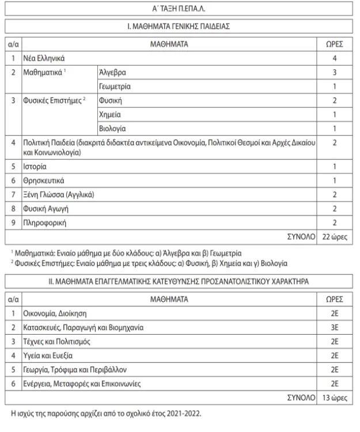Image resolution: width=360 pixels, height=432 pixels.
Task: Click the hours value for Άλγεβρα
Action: (335, 74)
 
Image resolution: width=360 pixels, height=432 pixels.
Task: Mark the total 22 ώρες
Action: (335, 236)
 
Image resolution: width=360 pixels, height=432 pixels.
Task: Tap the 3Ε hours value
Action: (335, 328)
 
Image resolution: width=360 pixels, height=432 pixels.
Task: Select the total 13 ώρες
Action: (335, 397)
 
